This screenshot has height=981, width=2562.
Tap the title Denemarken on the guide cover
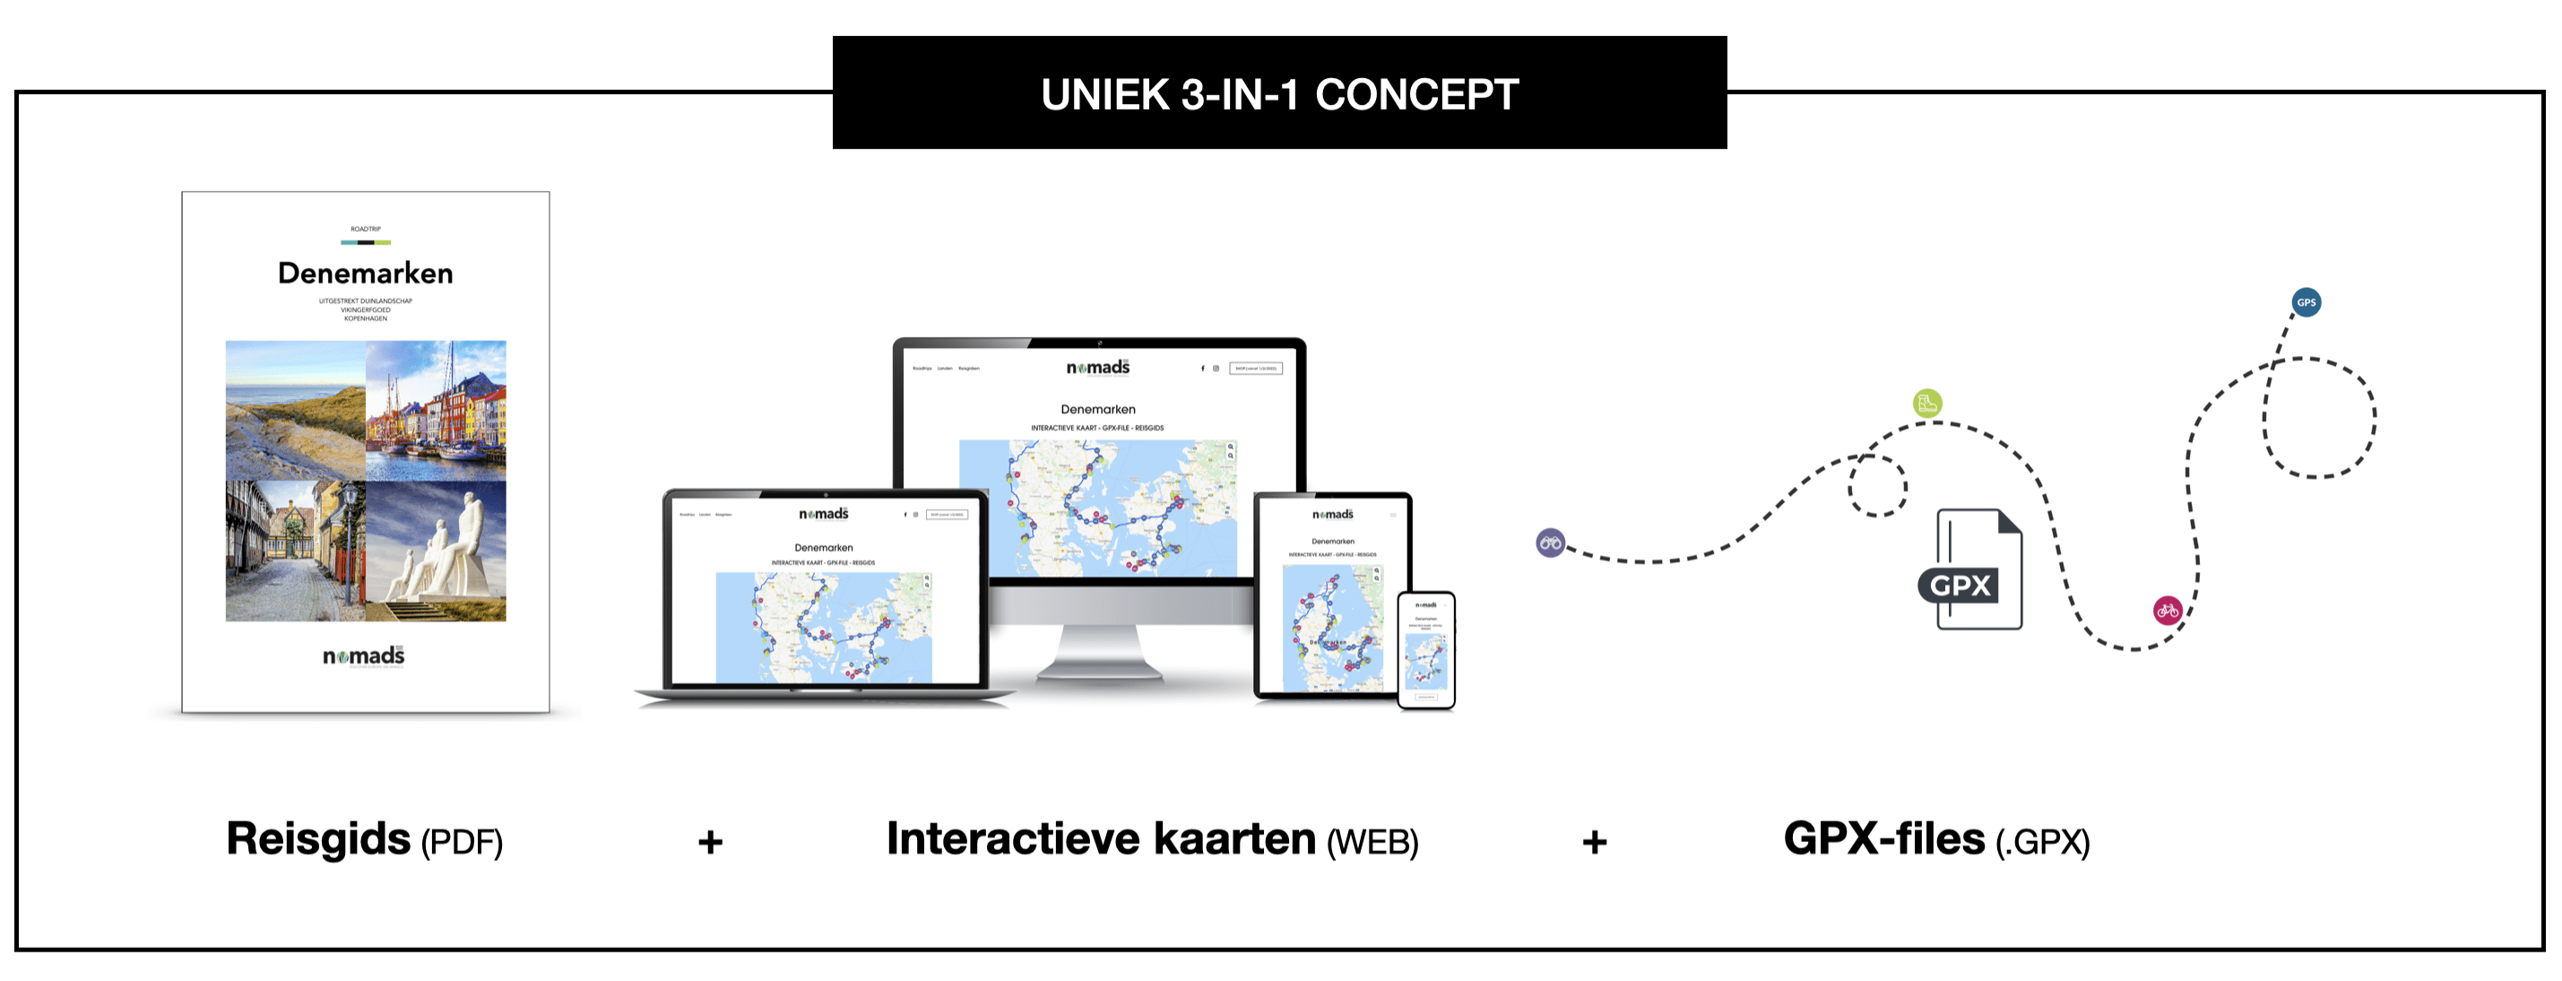365,273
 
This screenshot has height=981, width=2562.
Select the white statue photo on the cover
436,551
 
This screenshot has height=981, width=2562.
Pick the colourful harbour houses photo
436,410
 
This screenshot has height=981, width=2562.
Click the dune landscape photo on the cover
296,410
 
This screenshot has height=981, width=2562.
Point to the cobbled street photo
296,551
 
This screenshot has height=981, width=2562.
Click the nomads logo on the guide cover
364,655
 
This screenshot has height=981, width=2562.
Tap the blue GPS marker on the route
2306,302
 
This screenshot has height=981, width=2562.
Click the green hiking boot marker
1926,403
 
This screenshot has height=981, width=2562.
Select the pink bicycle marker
2168,610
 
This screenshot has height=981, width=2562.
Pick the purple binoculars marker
1550,543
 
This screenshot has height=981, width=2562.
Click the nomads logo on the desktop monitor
1098,369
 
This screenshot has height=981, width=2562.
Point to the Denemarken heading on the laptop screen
824,547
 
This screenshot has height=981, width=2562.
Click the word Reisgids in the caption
318,838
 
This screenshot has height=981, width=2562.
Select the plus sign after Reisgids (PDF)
710,843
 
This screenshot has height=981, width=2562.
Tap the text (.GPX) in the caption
2042,843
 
